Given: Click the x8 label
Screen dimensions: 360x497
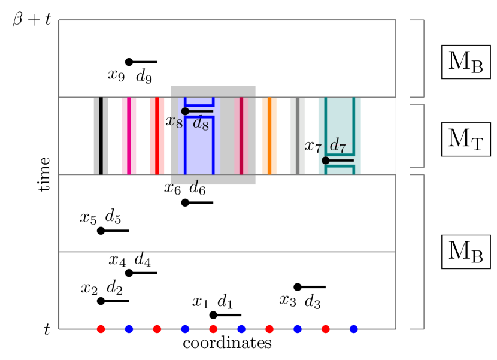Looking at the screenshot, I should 174,122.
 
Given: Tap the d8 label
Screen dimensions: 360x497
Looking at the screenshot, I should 201,124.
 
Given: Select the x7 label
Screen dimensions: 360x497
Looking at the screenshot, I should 313,146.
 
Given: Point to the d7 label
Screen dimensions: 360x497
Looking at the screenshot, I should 338,145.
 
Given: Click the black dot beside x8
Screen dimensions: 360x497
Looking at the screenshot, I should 185,111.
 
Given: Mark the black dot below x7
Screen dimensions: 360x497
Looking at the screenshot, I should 326,161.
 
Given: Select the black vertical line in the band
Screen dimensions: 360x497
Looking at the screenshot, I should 101,136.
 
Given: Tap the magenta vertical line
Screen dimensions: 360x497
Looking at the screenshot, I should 129,136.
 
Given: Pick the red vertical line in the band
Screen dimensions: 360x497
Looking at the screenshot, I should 157,136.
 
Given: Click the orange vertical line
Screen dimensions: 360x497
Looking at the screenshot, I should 269,136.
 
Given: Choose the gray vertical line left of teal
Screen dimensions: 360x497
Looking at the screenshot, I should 298,136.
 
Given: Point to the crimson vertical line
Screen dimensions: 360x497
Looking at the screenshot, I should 241,136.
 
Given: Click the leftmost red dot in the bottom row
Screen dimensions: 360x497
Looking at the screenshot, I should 101,329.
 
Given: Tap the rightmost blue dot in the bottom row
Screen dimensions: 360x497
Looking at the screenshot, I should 354,329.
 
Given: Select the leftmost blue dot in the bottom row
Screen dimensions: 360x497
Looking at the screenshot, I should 129,329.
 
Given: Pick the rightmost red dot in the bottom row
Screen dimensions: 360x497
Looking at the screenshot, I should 326,329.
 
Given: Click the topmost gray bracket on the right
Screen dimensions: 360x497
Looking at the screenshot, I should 423,58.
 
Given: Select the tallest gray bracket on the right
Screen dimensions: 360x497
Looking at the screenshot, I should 423,252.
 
